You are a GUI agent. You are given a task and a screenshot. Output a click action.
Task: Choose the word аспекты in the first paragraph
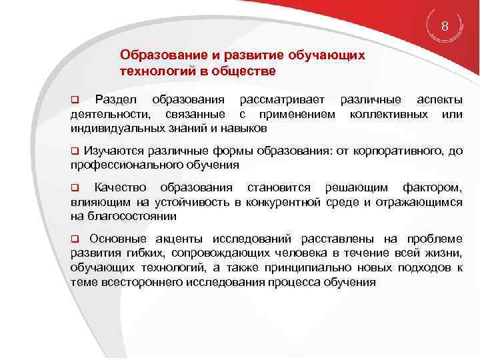[x=439, y=100]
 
